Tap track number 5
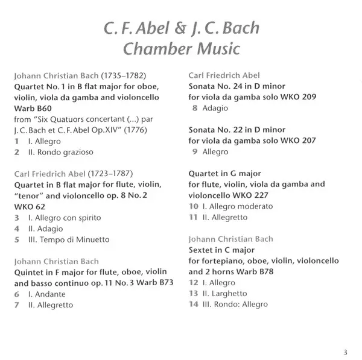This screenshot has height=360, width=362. pyautogui.click(x=18, y=239)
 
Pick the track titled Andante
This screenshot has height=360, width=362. pyautogui.click(x=45, y=294)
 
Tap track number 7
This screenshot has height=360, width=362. pyautogui.click(x=18, y=305)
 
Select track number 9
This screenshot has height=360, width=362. pyautogui.click(x=194, y=151)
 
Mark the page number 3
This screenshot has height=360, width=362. pyautogui.click(x=346, y=352)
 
